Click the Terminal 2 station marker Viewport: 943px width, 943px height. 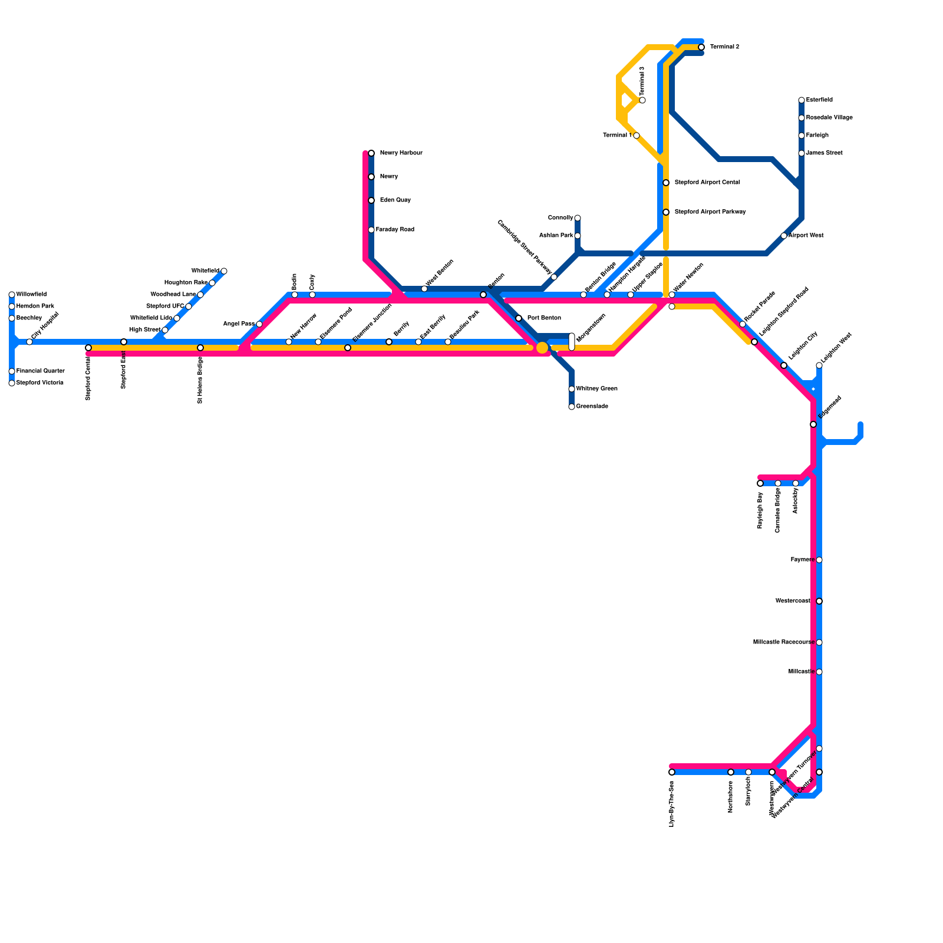point(701,47)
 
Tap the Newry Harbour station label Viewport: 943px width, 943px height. point(401,153)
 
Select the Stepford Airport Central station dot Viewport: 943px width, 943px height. point(666,183)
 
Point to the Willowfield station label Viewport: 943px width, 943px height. point(31,295)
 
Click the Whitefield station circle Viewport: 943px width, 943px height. point(224,271)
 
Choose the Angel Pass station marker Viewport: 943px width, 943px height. point(259,324)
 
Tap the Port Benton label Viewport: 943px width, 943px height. point(544,318)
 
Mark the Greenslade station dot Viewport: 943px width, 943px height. point(572,407)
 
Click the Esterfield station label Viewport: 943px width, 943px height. point(819,100)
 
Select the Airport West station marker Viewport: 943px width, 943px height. point(784,236)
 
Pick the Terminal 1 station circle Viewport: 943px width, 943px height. point(637,136)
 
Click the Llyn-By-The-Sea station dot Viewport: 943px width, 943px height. point(672,772)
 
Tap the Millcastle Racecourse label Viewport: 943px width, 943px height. point(783,642)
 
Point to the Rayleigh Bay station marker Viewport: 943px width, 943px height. point(760,483)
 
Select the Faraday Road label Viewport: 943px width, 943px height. point(395,230)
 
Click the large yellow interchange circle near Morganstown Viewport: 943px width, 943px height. point(542,348)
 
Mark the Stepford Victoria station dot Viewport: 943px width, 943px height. point(12,383)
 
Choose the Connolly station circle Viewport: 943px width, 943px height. point(578,218)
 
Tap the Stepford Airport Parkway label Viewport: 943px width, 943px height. point(710,212)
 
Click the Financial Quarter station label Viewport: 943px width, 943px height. point(40,371)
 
